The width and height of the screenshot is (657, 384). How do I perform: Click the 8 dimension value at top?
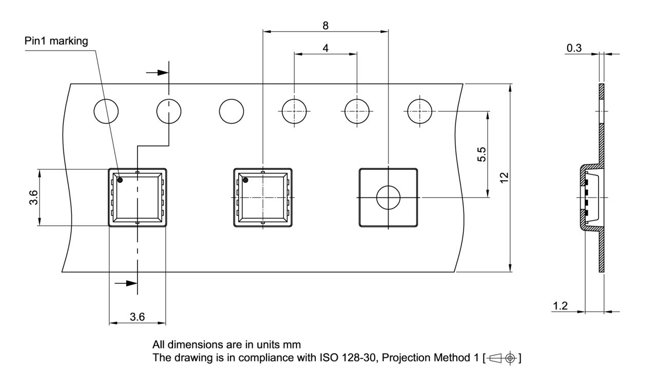[x=325, y=26]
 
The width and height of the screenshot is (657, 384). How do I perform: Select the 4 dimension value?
[x=325, y=48]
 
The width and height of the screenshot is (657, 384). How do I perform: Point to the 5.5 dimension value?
[x=481, y=155]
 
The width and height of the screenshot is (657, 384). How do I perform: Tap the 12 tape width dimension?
[x=504, y=178]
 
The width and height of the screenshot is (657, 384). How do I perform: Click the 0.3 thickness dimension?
[x=574, y=48]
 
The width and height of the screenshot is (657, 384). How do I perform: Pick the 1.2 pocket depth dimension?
[x=560, y=306]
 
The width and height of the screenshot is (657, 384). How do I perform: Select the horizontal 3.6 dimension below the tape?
[x=137, y=317]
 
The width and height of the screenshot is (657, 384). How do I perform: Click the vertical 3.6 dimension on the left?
[x=33, y=198]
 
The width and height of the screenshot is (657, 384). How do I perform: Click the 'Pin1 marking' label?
[x=56, y=41]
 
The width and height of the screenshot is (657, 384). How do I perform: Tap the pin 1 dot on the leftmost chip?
[x=120, y=180]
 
